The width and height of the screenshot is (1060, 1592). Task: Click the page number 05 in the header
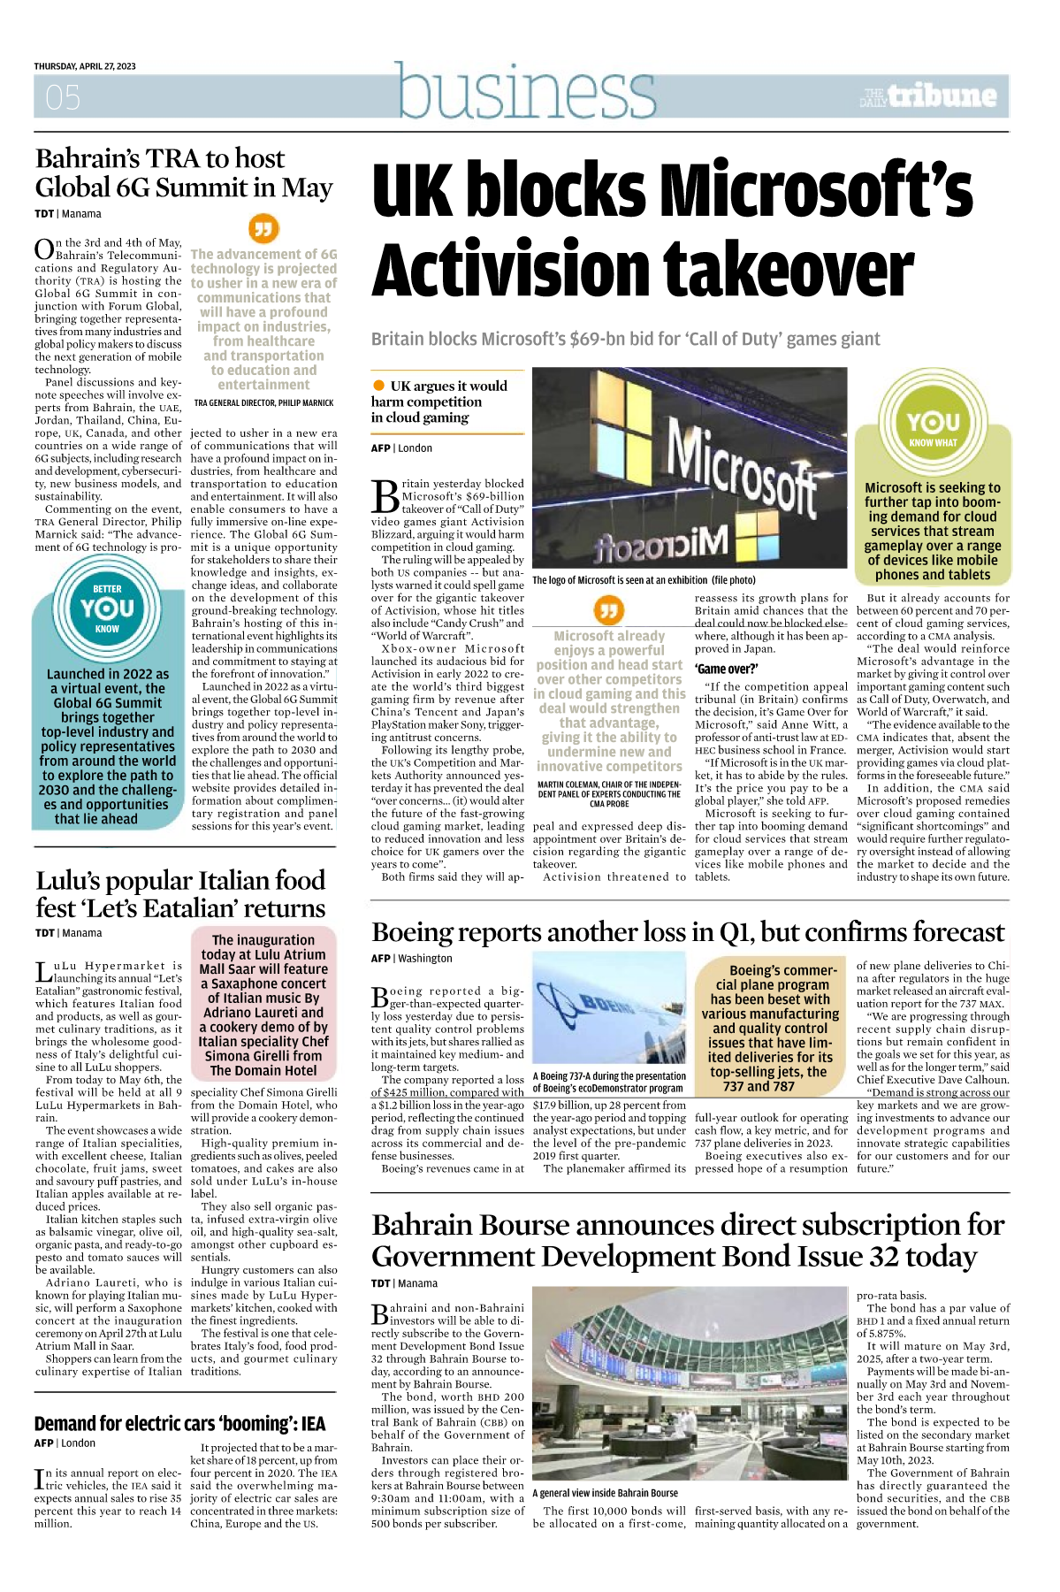[x=63, y=97]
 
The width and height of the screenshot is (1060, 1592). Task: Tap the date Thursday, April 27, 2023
[x=85, y=66]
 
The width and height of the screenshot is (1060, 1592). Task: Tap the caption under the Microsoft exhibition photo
[x=644, y=580]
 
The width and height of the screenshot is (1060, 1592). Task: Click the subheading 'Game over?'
[x=726, y=669]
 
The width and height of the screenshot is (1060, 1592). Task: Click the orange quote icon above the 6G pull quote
[x=263, y=230]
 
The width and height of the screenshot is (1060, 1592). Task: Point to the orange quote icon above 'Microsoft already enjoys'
[x=608, y=610]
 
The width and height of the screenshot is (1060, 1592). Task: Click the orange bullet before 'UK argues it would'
[x=378, y=386]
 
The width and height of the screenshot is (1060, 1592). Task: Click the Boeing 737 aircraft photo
[x=610, y=1008]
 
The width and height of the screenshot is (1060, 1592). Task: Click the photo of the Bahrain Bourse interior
[x=690, y=1385]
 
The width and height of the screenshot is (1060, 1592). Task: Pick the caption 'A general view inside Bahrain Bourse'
[x=605, y=1492]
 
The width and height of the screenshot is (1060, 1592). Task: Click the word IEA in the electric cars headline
[x=313, y=1423]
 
